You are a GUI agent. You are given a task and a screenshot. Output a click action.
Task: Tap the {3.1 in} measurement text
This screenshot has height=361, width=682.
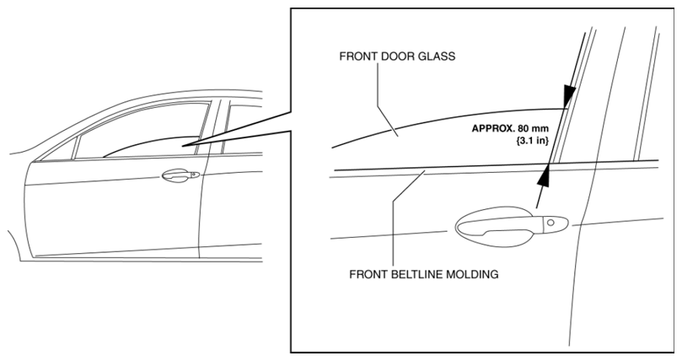pos(532,141)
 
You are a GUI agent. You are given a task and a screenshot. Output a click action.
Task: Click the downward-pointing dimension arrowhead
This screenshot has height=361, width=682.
pos(569,95)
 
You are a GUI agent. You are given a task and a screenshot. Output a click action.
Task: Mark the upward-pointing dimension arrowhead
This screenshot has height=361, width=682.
pos(544,175)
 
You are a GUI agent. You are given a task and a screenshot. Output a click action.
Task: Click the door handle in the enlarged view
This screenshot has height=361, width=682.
pos(512,225)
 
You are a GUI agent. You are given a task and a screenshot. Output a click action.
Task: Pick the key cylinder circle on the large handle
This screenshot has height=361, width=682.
pos(550,223)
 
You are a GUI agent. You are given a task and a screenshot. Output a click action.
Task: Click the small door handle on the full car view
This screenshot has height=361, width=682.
pos(180,175)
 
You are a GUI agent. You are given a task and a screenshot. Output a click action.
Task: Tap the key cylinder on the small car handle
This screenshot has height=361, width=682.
pos(193,174)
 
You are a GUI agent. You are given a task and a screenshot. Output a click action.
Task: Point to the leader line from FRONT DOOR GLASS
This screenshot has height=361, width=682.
pos(386,97)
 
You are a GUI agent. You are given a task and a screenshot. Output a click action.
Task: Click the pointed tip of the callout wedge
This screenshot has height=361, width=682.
pos(183,146)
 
